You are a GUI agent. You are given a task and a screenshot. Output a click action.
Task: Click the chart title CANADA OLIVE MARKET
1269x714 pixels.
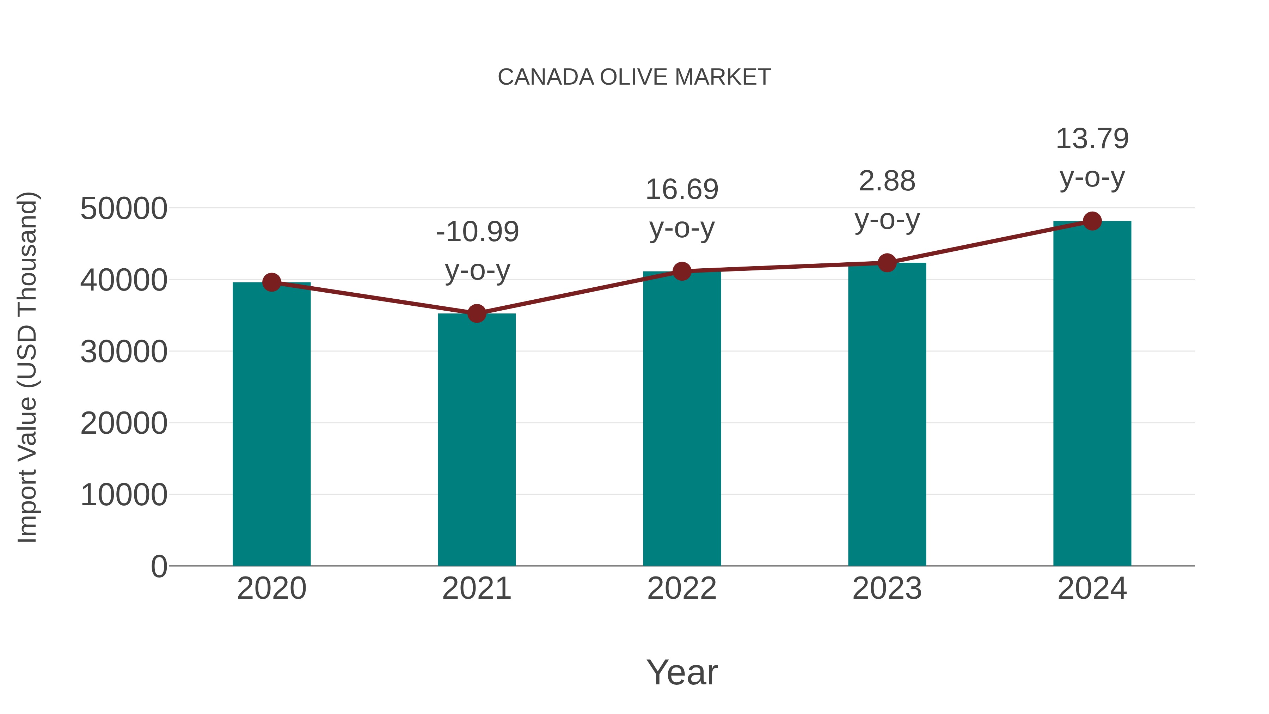(634, 77)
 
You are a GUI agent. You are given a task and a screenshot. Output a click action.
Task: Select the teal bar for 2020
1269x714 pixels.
(271, 424)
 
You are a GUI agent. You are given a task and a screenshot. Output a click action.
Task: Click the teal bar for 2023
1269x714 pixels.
(887, 414)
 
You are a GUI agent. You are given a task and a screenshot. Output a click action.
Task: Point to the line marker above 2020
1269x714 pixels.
(271, 282)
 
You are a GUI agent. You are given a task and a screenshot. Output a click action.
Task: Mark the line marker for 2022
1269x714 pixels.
(682, 271)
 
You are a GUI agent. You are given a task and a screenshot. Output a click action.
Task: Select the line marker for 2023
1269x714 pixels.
(887, 263)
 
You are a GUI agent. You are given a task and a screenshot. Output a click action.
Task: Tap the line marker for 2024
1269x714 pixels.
(1092, 221)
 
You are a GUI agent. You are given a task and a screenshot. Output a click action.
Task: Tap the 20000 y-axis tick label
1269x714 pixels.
(124, 423)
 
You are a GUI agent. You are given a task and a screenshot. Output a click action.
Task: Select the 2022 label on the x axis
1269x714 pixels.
(682, 588)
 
